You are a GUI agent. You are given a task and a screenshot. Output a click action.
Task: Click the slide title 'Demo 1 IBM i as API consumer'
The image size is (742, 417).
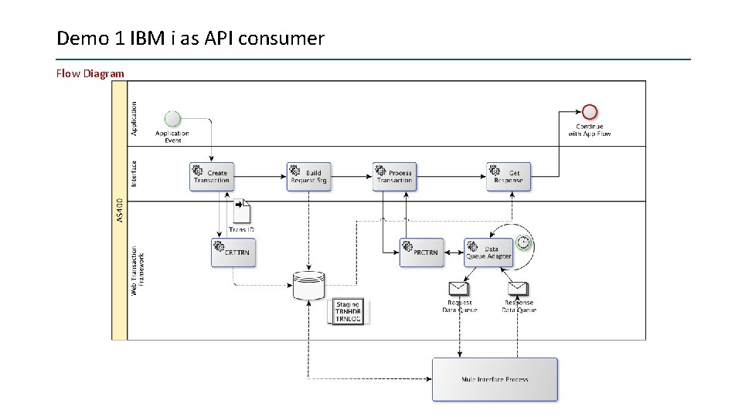[x=190, y=38]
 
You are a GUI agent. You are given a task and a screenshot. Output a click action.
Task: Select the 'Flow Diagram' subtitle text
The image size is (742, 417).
[x=90, y=74]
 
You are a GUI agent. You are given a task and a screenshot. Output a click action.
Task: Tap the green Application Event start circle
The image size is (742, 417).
[x=172, y=119]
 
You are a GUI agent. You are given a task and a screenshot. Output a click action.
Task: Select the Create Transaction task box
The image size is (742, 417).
[x=212, y=176]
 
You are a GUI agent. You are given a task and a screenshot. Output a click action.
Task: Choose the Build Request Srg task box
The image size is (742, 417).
[x=308, y=176]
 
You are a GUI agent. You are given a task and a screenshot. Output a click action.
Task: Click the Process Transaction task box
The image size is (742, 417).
[x=394, y=176]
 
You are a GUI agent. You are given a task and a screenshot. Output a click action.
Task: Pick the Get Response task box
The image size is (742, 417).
[x=509, y=176]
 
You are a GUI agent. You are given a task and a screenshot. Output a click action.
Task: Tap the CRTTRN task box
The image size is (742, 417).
[x=233, y=253]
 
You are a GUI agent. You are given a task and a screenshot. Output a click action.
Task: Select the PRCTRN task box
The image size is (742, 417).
[x=421, y=253]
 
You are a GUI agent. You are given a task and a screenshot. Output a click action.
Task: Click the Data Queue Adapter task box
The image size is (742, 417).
[x=488, y=253]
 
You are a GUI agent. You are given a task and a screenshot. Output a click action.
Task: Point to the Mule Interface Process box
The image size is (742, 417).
[x=495, y=379]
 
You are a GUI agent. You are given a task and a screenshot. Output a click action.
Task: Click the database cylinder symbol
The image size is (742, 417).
[x=308, y=286]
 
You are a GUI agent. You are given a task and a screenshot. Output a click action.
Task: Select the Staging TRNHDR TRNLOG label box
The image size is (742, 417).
[x=348, y=311]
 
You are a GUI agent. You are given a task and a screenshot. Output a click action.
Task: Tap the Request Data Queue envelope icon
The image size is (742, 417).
[x=459, y=288]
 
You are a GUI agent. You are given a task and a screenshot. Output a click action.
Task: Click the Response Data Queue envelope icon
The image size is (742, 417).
[x=519, y=288]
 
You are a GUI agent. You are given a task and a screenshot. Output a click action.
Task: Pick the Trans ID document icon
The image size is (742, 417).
[x=241, y=209]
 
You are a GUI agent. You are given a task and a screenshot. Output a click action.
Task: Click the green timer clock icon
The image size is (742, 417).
[x=524, y=243]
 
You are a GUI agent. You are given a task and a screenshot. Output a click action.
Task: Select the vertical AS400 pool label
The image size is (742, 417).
[x=119, y=209]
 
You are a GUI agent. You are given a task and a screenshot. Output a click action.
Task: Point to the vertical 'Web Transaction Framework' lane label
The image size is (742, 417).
[x=136, y=270]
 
